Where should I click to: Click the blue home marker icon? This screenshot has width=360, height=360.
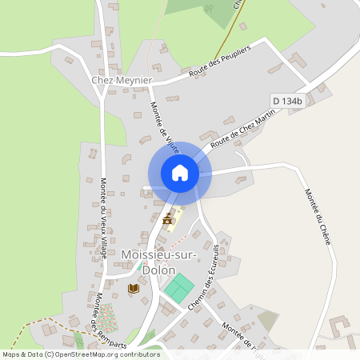point(179,173)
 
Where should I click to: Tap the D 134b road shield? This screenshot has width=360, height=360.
point(287,101)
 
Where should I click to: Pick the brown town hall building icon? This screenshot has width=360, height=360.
point(168,220)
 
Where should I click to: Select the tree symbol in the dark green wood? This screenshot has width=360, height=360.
point(209,9)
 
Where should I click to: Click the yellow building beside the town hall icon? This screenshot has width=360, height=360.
point(177,218)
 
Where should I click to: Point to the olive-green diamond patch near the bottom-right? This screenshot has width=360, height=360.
point(269,321)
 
